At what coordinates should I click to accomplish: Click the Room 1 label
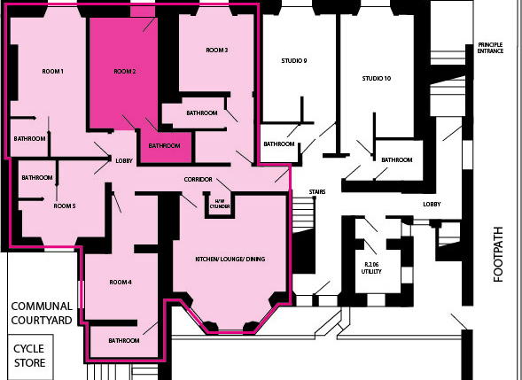click(52, 72)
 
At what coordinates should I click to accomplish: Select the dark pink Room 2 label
click(125, 72)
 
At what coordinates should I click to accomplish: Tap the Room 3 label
click(217, 50)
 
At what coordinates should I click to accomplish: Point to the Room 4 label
click(121, 283)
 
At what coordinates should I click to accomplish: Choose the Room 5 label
click(65, 206)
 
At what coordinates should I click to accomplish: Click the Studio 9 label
click(294, 61)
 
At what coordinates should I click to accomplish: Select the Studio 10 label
click(377, 79)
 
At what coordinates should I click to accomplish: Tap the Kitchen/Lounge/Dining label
click(230, 259)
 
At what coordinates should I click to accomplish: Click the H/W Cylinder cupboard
click(220, 206)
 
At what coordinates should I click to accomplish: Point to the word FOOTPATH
click(498, 254)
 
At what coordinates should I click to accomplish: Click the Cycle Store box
click(30, 357)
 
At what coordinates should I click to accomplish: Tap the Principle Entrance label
click(490, 48)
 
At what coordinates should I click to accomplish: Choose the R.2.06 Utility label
click(371, 268)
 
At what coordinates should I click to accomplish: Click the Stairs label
click(317, 192)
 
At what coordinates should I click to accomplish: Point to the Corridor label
click(199, 180)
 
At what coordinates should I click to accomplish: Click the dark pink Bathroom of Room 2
click(166, 147)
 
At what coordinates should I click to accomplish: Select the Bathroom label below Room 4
click(124, 341)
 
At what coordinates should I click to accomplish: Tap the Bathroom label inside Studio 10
click(397, 160)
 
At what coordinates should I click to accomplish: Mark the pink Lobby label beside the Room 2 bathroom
click(124, 161)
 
